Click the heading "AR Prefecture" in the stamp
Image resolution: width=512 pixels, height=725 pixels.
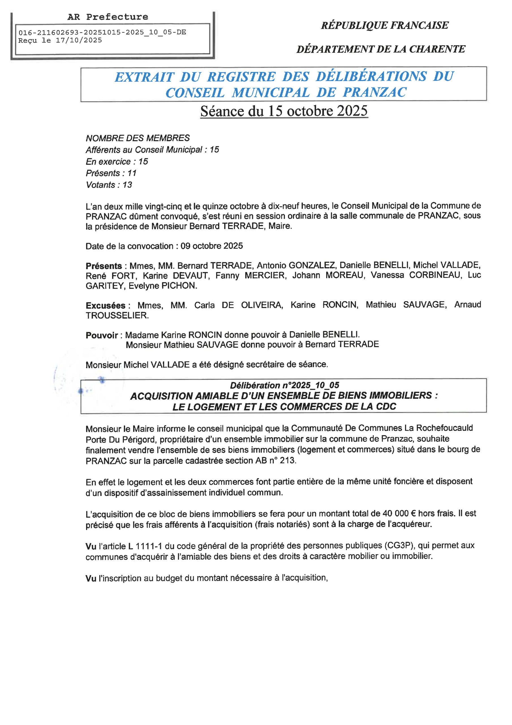point(107,17)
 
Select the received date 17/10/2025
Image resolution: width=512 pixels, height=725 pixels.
point(79,40)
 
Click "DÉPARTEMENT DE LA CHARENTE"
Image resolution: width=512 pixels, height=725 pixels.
point(381,49)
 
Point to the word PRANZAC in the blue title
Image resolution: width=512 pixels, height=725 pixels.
point(375,93)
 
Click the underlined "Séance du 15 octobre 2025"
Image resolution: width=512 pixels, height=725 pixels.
point(284,111)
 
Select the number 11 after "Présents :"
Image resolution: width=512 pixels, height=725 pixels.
point(132,173)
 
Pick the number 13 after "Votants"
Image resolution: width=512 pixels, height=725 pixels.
point(127,185)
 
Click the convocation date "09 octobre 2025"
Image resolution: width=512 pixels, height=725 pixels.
point(212,246)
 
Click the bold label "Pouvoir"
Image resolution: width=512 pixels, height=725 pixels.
point(102,335)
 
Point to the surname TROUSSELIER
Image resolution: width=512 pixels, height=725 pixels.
point(117,315)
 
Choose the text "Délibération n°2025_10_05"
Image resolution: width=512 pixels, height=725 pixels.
point(285,385)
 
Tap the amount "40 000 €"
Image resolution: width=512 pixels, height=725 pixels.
point(399,513)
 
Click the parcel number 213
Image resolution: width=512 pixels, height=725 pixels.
point(287,460)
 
